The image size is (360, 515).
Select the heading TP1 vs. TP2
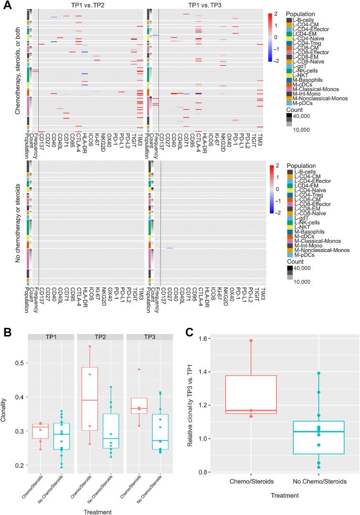tap(84, 4)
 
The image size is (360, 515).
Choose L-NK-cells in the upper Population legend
tap(308, 76)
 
